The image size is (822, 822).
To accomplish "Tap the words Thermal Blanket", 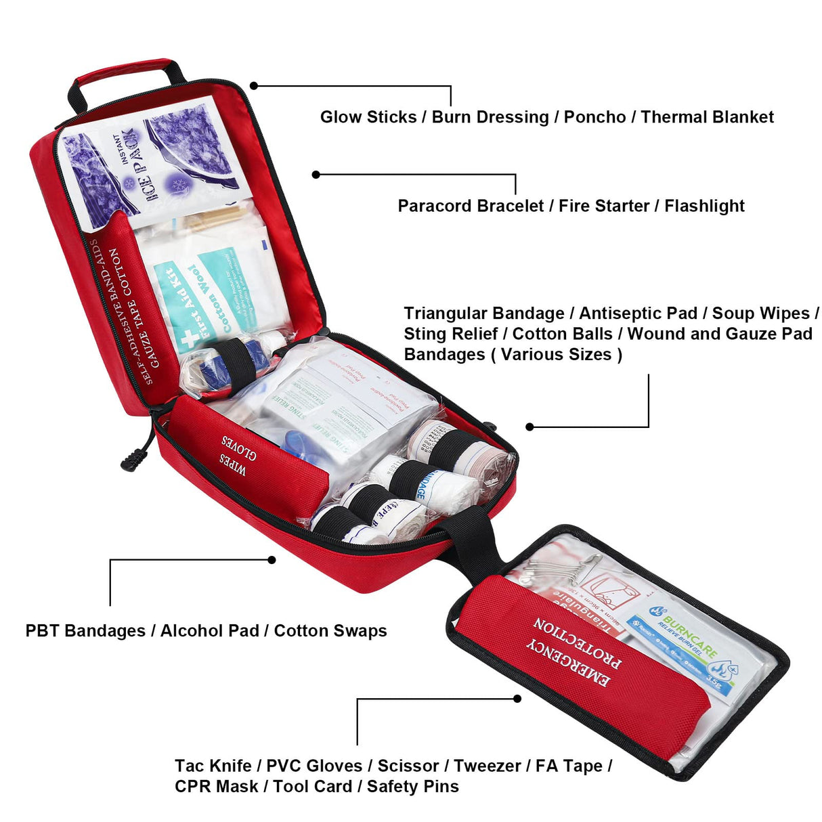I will [x=707, y=117].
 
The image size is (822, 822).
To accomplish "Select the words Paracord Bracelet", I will [x=471, y=206].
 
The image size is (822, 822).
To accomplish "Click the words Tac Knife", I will [x=213, y=766].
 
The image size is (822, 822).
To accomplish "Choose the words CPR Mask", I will [x=216, y=787].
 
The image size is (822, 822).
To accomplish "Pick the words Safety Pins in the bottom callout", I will [x=412, y=787].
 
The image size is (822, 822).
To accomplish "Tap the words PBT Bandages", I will [x=85, y=631].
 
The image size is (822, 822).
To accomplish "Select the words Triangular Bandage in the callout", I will [x=483, y=313].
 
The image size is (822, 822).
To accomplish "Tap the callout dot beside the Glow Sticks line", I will [x=254, y=85].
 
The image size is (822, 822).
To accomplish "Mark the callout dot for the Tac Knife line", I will [x=517, y=699].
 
